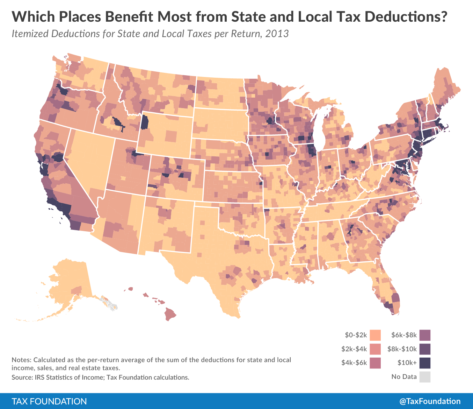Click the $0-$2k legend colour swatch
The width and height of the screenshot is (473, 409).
click(375, 335)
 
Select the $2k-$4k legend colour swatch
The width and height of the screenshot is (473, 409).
click(375, 349)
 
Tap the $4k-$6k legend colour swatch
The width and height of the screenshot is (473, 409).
click(375, 363)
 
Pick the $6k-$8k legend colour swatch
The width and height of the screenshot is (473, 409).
click(425, 335)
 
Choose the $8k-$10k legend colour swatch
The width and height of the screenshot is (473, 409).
click(425, 349)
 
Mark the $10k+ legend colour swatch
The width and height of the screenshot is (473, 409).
click(425, 363)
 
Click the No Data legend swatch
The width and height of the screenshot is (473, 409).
click(425, 377)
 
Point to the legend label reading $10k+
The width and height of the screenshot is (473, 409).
click(407, 363)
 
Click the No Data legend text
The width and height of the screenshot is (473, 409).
click(404, 377)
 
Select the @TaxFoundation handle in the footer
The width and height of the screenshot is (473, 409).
click(430, 401)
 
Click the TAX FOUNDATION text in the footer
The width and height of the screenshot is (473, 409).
click(49, 401)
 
